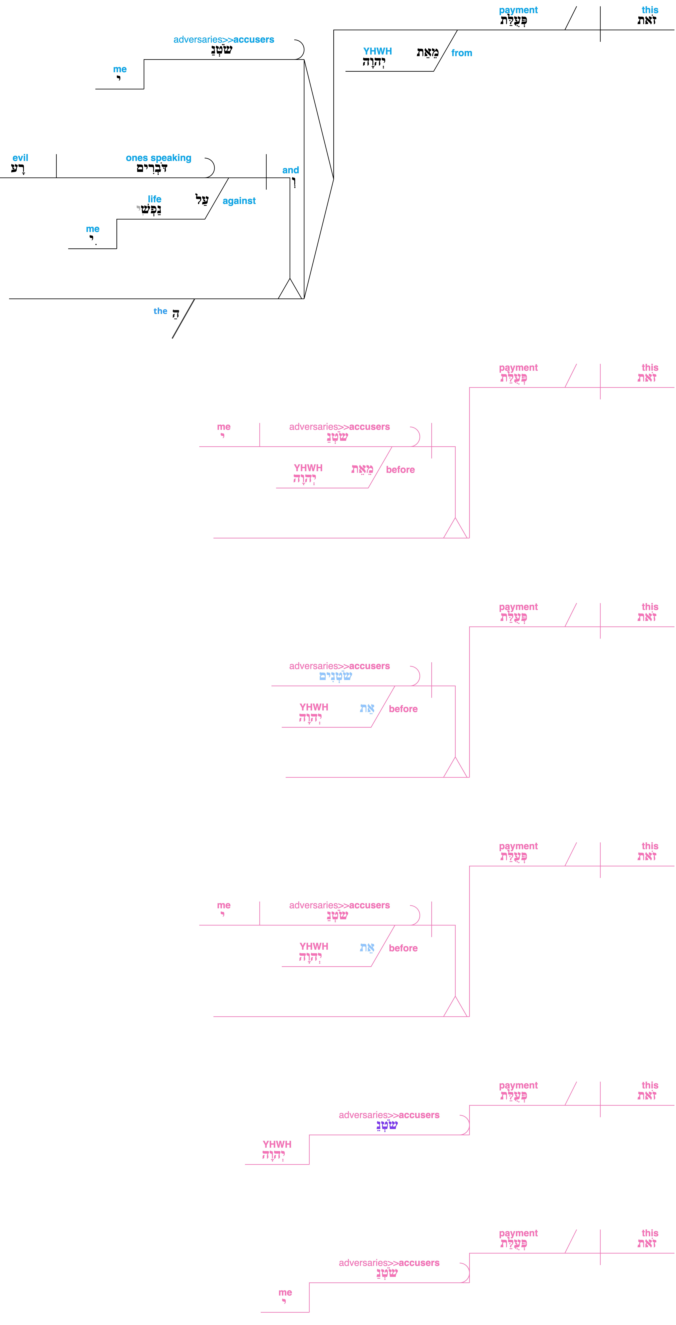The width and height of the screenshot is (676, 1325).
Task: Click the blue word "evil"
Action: tap(21, 158)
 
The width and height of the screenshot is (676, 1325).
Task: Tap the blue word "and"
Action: tap(291, 170)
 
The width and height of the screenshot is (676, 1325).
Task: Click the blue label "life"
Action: tap(155, 199)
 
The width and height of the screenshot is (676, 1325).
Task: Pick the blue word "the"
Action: tap(160, 311)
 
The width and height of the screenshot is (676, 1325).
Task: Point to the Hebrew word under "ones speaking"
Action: tap(152, 169)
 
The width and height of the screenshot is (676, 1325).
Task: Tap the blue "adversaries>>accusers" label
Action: tap(224, 40)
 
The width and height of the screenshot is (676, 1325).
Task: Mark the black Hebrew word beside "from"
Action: tap(428, 52)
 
